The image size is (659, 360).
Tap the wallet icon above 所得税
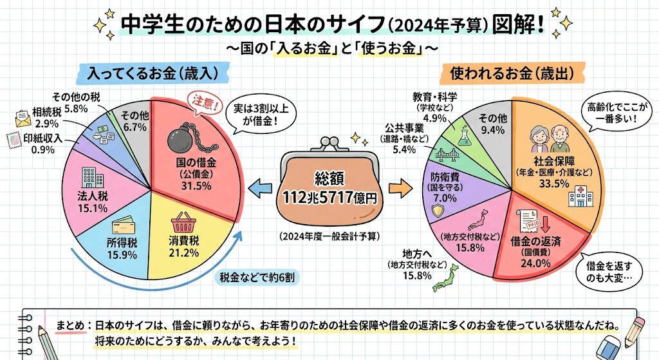[122, 227]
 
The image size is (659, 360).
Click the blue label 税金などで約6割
[257, 278]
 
